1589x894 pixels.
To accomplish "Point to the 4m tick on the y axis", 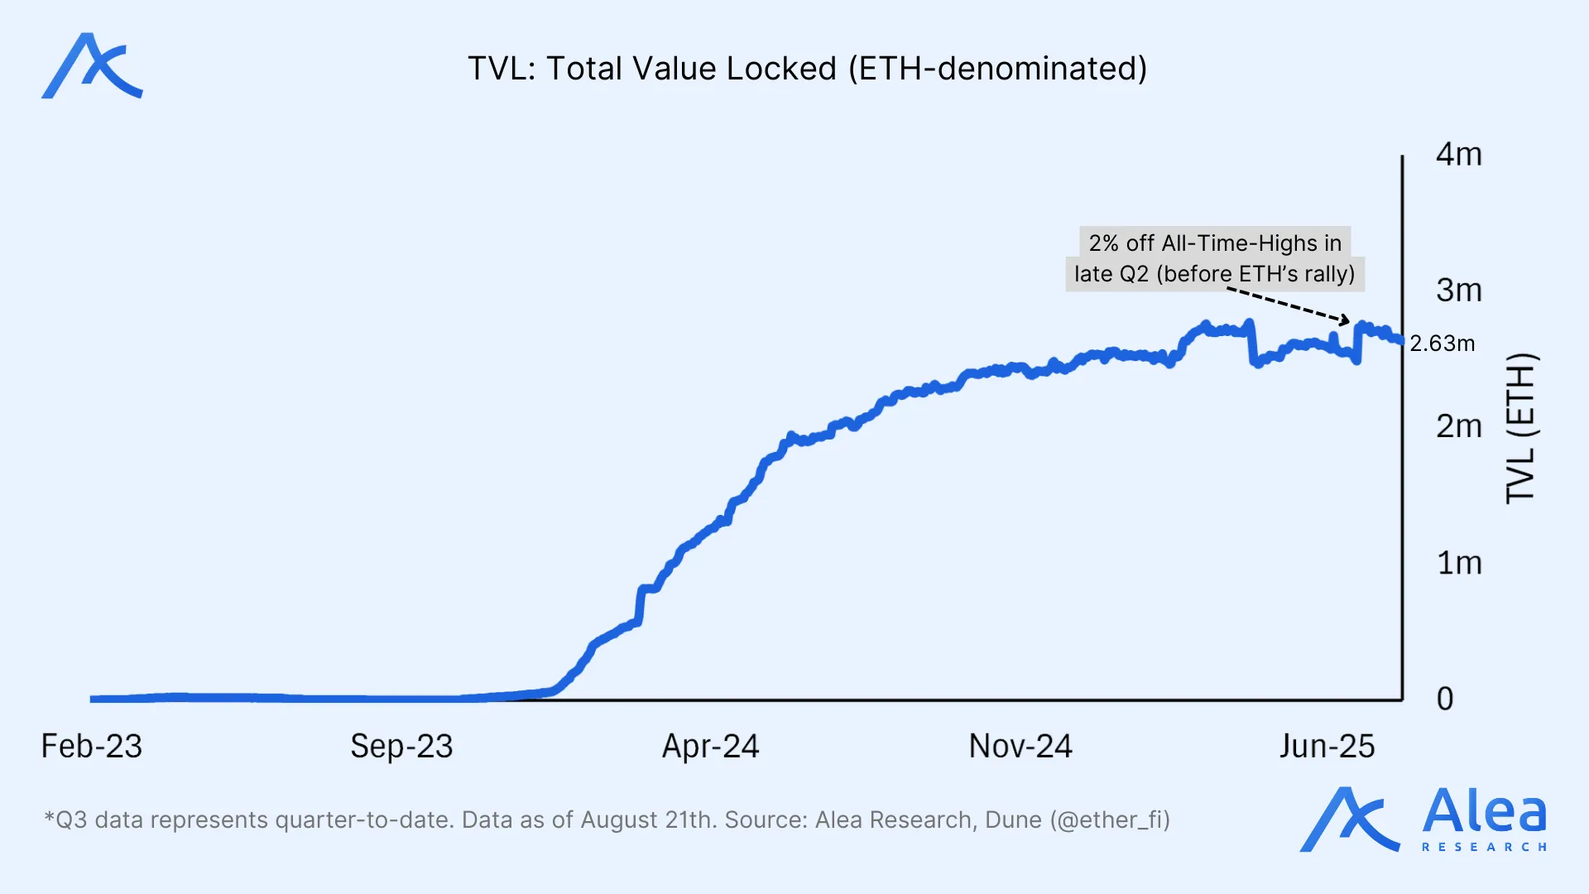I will tap(1458, 155).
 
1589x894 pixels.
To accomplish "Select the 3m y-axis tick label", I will tap(1458, 291).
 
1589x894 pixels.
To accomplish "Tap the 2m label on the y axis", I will tap(1458, 426).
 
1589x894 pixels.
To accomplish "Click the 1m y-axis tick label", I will tap(1458, 564).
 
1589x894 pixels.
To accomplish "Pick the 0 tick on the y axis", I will tap(1445, 699).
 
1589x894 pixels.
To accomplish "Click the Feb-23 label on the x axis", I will tap(92, 747).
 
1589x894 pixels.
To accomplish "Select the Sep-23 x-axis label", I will tap(401, 747).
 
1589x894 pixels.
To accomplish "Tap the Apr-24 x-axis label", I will tap(710, 747).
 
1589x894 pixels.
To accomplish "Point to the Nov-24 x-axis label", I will tap(1020, 747).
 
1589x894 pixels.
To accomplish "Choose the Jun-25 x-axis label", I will tap(1327, 747).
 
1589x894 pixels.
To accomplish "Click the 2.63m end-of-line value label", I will tap(1442, 344).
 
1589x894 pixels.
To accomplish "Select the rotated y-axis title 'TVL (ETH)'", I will tap(1521, 428).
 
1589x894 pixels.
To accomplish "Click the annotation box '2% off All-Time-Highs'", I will tap(1214, 258).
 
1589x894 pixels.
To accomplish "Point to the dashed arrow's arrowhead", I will tap(1346, 321).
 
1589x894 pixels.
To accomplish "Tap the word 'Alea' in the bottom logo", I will tap(1484, 811).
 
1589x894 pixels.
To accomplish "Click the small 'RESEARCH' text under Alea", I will tap(1484, 847).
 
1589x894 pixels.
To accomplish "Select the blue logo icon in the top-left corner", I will tap(92, 66).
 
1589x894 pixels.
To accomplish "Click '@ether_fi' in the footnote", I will tap(1110, 820).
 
